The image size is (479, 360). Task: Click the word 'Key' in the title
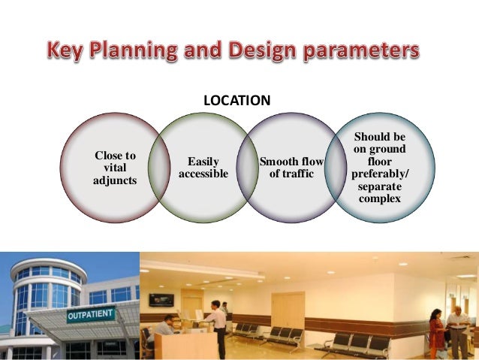[x=65, y=52]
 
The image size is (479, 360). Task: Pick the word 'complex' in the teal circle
[x=380, y=198]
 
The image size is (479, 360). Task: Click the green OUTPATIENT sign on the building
[x=91, y=313]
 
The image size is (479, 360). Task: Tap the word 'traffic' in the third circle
[x=291, y=174]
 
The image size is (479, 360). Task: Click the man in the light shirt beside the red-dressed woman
[x=457, y=331]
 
